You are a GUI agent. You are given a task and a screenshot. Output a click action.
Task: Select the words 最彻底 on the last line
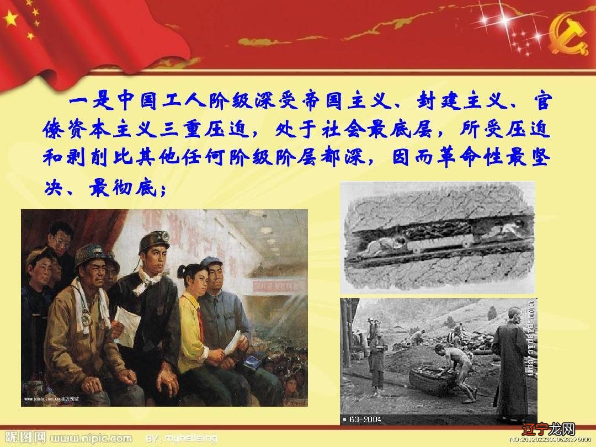(122, 189)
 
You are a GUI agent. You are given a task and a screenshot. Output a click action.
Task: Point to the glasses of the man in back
(62, 242)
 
